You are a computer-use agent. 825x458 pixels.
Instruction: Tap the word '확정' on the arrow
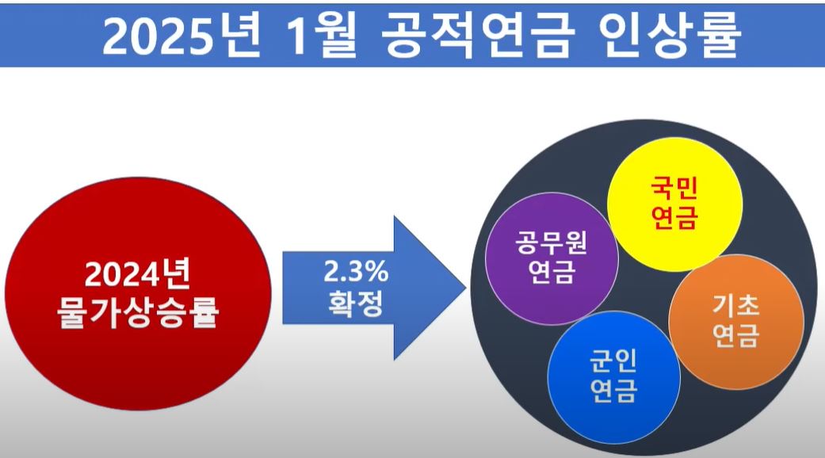pyautogui.click(x=355, y=305)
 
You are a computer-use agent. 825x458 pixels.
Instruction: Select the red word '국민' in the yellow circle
pyautogui.click(x=675, y=189)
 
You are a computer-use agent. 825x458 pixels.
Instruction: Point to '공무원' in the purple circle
pyautogui.click(x=552, y=242)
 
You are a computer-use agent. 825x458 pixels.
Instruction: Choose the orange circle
pyautogui.click(x=736, y=322)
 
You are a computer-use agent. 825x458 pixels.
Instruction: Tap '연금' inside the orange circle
pyautogui.click(x=736, y=337)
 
